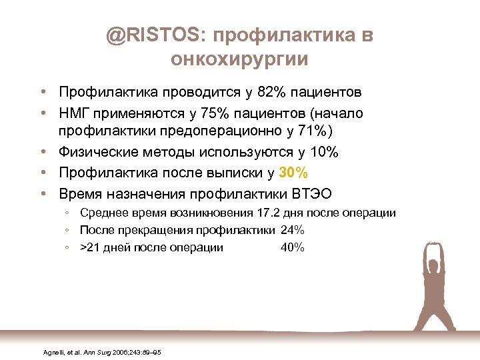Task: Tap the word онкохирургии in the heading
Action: pos(239,59)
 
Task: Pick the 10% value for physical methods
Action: pos(324,153)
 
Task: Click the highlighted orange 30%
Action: pos(293,173)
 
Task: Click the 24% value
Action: pos(293,231)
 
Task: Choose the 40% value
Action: pos(293,248)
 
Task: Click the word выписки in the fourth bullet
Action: pos(230,173)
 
